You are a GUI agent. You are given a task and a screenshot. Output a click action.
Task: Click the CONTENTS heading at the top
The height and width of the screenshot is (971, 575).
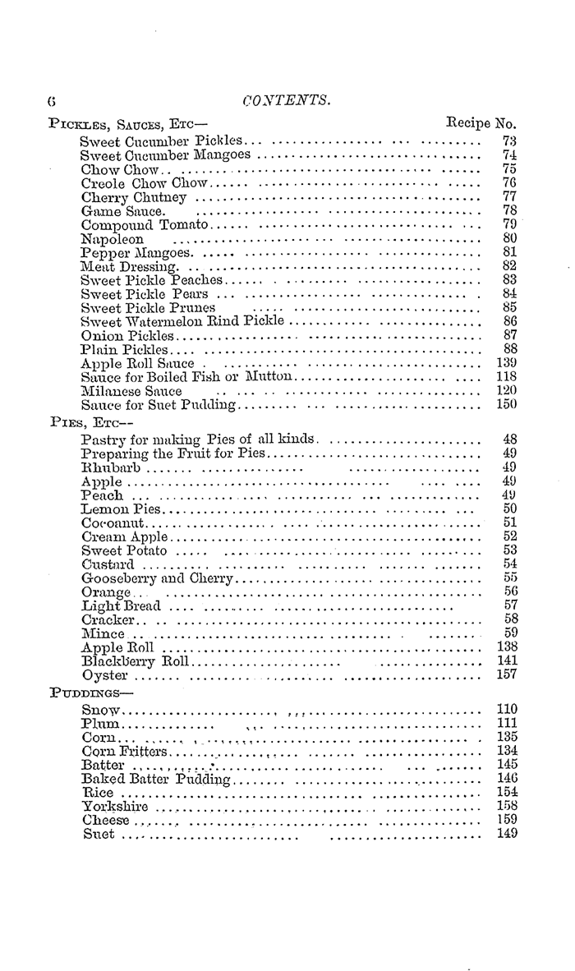point(287,100)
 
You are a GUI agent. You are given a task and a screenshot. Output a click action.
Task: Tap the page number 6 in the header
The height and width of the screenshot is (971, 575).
point(51,101)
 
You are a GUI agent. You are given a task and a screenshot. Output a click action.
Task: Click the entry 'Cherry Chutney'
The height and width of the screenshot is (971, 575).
point(134,197)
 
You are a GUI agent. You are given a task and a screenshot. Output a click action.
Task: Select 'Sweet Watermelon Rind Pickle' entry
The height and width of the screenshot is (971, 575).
point(182,320)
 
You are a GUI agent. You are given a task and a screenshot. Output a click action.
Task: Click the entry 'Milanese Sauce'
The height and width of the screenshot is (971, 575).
point(131,391)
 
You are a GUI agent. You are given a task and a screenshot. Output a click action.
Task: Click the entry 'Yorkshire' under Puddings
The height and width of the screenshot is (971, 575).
point(115,807)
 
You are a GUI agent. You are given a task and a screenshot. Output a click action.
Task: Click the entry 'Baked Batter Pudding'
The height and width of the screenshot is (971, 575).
point(157,779)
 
